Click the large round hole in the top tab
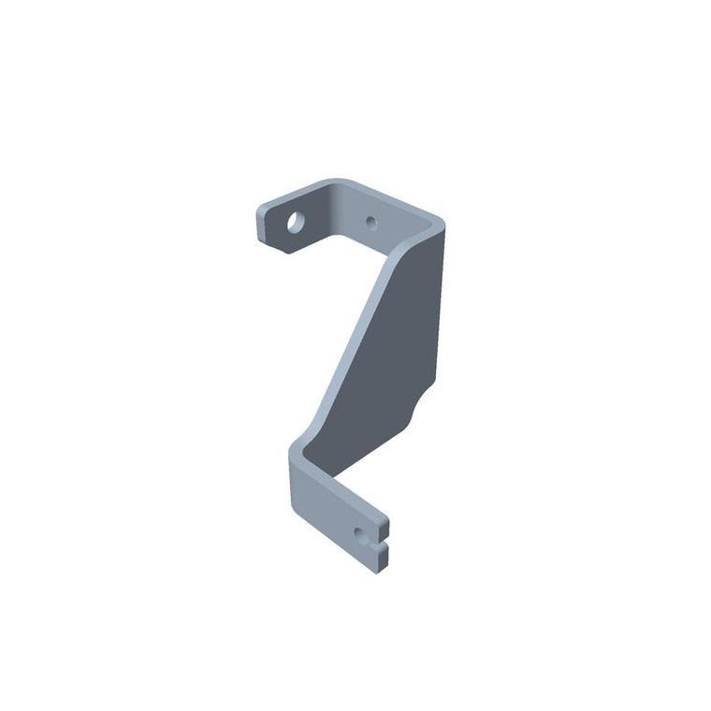[x=295, y=223]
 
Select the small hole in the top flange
[x=370, y=222]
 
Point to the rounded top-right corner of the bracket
[x=436, y=221]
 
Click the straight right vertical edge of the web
[x=439, y=309]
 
